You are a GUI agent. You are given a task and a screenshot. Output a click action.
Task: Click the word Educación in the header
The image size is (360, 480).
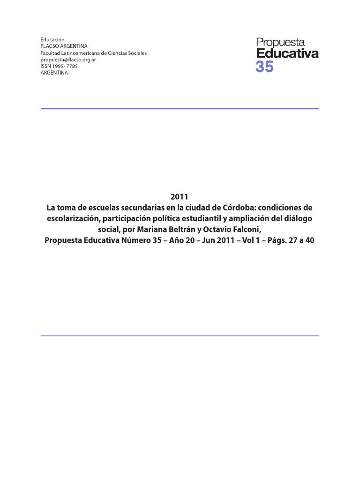(52, 40)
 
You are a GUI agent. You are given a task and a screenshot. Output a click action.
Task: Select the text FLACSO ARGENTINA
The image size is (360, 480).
(64, 46)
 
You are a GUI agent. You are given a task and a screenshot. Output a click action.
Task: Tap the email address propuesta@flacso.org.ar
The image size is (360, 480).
(68, 60)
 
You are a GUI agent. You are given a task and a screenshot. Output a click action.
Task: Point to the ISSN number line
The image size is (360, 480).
(59, 66)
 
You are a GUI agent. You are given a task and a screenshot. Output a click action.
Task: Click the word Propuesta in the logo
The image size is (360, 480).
(281, 43)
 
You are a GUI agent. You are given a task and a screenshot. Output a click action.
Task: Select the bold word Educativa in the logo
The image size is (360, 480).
(287, 53)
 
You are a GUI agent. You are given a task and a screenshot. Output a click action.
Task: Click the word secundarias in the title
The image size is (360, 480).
(132, 207)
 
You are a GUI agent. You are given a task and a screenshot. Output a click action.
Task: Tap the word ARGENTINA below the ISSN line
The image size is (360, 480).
(54, 73)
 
